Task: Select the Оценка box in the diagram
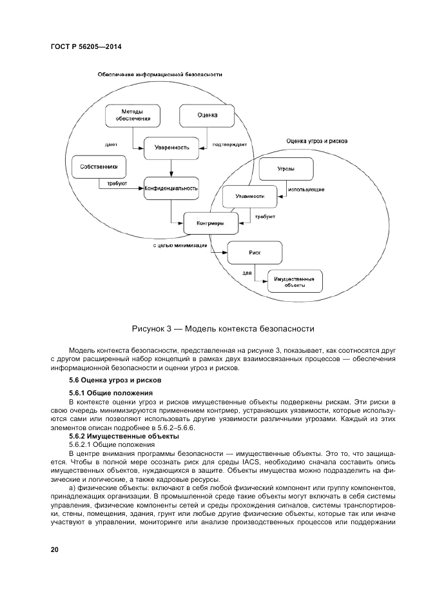point(206,115)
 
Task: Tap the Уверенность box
point(171,148)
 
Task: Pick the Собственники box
point(99,166)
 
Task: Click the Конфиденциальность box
point(171,188)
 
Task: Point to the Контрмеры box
point(210,224)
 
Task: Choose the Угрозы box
point(286,169)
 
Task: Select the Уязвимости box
point(250,196)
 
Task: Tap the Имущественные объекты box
point(294,281)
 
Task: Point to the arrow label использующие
point(306,190)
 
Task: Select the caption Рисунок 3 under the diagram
point(223,329)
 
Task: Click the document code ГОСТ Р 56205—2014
point(86,47)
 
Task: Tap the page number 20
point(55,549)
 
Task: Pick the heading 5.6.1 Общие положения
point(111,393)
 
